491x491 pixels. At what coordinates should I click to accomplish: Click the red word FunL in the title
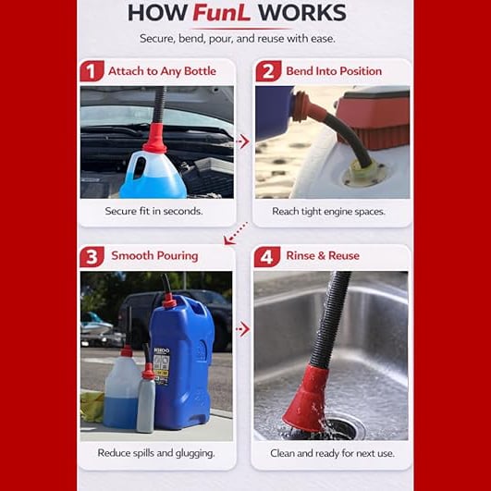(x=221, y=13)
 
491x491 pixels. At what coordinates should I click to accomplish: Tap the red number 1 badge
(x=92, y=71)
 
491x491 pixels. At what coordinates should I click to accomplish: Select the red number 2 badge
(x=268, y=71)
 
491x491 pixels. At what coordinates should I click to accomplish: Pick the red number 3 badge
(x=92, y=257)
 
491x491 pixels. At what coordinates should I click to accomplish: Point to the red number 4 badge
(x=267, y=257)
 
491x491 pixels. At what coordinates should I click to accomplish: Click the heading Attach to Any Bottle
(x=162, y=71)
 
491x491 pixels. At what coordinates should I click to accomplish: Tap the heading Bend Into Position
(x=334, y=71)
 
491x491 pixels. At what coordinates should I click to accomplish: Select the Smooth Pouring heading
(x=154, y=256)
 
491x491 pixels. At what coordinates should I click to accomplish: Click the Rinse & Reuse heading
(x=323, y=255)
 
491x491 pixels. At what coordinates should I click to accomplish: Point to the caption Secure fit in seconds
(x=153, y=211)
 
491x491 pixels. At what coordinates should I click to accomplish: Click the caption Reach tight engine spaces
(x=328, y=212)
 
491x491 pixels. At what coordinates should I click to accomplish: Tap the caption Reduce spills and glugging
(x=156, y=453)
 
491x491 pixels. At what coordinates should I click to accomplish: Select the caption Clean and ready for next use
(x=332, y=453)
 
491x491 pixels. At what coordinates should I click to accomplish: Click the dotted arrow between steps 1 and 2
(x=242, y=141)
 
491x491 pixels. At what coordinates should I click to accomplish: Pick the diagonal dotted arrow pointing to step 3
(x=236, y=233)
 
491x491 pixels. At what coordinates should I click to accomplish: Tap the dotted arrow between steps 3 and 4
(x=242, y=329)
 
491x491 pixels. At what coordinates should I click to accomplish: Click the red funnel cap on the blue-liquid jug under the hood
(x=155, y=139)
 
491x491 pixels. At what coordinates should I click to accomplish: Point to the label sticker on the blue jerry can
(x=162, y=366)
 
